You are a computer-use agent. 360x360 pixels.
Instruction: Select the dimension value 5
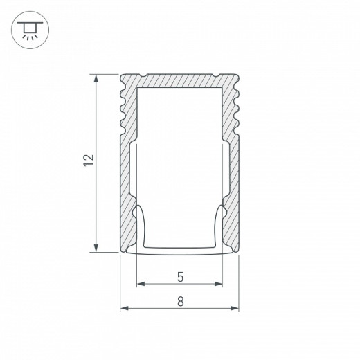click(180, 278)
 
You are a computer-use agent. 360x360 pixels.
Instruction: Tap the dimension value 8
click(180, 301)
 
